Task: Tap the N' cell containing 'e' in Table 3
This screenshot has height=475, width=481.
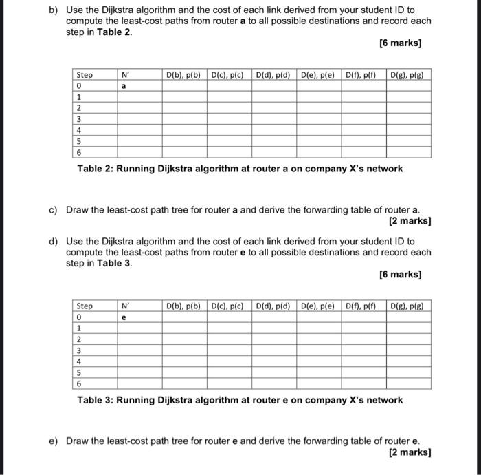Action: click(x=124, y=318)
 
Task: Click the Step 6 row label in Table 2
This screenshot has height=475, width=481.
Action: click(x=80, y=152)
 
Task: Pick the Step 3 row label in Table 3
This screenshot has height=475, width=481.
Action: click(x=80, y=350)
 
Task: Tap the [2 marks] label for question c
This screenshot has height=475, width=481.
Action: click(x=410, y=221)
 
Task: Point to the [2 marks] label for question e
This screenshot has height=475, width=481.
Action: click(x=410, y=452)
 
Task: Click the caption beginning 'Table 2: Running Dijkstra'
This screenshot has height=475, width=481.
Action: click(x=240, y=169)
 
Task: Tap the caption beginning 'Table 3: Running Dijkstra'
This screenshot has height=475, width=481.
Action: click(x=240, y=400)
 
